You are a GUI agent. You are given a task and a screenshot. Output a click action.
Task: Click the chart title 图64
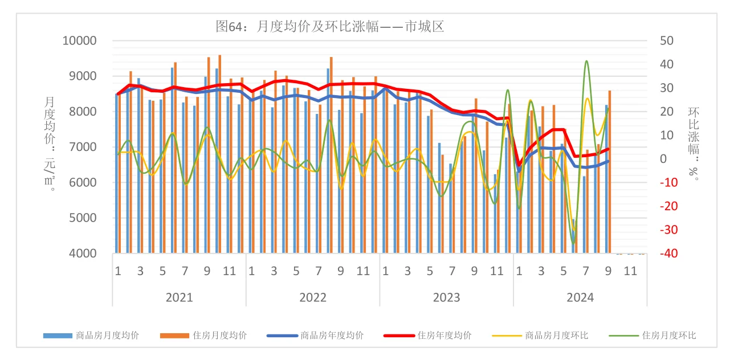click(329, 26)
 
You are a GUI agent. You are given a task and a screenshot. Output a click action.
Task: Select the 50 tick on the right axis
click(666, 41)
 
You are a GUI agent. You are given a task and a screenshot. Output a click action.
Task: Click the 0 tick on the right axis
click(663, 159)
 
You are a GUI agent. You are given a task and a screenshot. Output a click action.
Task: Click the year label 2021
click(179, 297)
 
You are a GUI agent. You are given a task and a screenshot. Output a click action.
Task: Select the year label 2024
click(580, 297)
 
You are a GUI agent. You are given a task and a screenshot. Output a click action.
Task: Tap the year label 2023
click(446, 297)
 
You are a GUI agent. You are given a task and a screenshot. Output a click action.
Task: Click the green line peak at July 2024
click(586, 61)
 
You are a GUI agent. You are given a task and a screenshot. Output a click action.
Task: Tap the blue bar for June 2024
click(573, 236)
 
